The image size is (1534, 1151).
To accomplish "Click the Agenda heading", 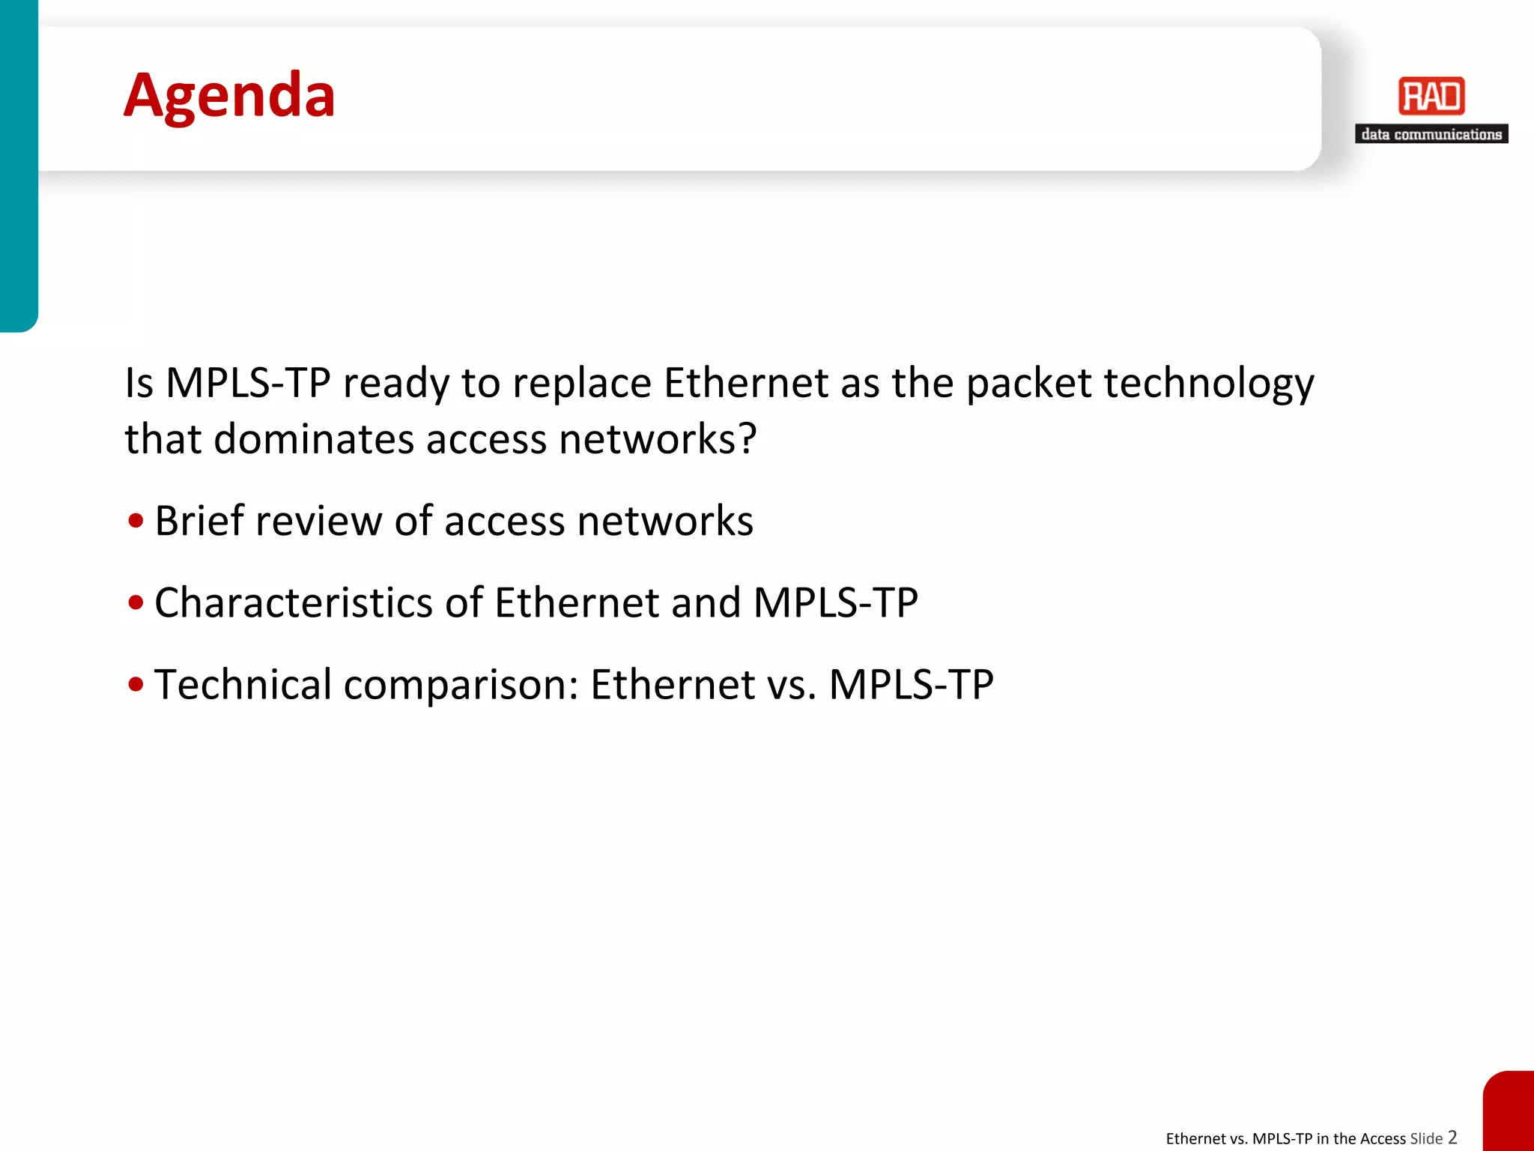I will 229,96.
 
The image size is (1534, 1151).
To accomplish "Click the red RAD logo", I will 1431,97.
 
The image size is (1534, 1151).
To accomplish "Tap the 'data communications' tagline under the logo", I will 1431,135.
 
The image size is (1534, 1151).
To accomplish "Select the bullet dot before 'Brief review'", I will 136,521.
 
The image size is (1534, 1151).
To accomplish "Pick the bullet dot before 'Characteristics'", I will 136,602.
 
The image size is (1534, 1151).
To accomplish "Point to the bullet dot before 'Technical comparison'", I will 136,684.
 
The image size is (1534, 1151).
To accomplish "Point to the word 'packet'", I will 1029,384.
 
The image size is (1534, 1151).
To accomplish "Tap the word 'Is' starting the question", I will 139,383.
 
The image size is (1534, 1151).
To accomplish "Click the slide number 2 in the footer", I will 1452,1138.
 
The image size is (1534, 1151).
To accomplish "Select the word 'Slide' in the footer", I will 1426,1139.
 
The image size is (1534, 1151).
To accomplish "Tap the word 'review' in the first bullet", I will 318,521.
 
